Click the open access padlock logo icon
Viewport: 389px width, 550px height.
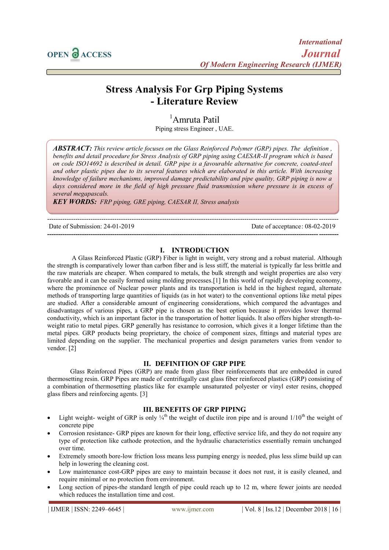(75, 54)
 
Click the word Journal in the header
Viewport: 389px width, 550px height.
(321, 54)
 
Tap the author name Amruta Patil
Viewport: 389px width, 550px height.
(196, 120)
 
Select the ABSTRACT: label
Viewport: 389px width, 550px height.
(72, 148)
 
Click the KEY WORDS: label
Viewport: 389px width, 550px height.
(75, 202)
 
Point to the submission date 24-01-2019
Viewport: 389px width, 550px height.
(119, 227)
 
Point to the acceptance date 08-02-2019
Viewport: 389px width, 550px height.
(320, 227)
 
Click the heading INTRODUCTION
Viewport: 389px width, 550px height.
(200, 250)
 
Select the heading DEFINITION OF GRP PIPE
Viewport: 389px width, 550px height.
(200, 364)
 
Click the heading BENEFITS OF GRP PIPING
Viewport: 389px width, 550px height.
(200, 410)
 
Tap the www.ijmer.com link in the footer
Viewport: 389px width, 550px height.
(192, 509)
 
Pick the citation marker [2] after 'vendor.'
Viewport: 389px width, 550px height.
(72, 348)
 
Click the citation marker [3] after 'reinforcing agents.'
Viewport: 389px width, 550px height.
(144, 394)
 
